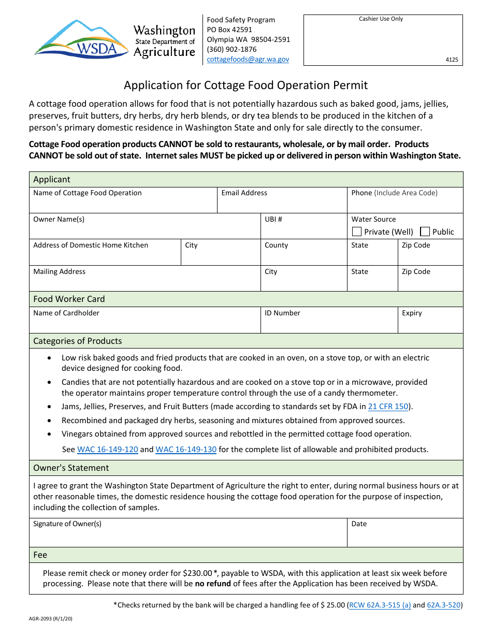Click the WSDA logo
point(81,39)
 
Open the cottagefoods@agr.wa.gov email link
point(248,60)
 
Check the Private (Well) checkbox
point(357,231)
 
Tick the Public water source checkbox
point(425,231)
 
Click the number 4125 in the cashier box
point(452,60)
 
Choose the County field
point(303,256)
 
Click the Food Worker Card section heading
point(69,299)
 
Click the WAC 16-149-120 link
point(108,450)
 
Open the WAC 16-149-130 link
point(186,450)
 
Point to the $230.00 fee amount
point(197,573)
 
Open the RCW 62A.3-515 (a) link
point(380,605)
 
